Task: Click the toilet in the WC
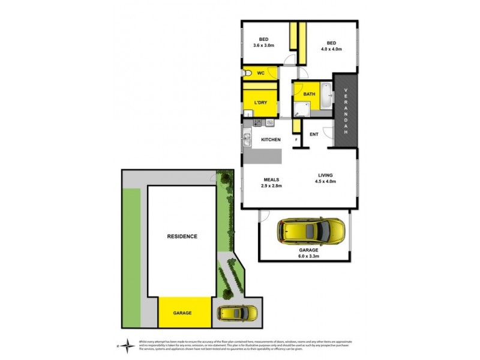[248, 73]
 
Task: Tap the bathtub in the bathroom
[326, 95]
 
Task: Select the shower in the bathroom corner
[301, 108]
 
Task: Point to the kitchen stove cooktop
[257, 123]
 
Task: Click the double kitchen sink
[247, 142]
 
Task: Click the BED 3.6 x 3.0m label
[263, 42]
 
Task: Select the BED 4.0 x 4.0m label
[331, 46]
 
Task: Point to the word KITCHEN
[271, 140]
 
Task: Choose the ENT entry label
[314, 134]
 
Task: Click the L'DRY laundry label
[260, 103]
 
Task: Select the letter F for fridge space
[296, 140]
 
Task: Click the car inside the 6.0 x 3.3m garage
[311, 230]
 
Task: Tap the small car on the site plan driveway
[237, 313]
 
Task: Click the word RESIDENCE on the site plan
[181, 237]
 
